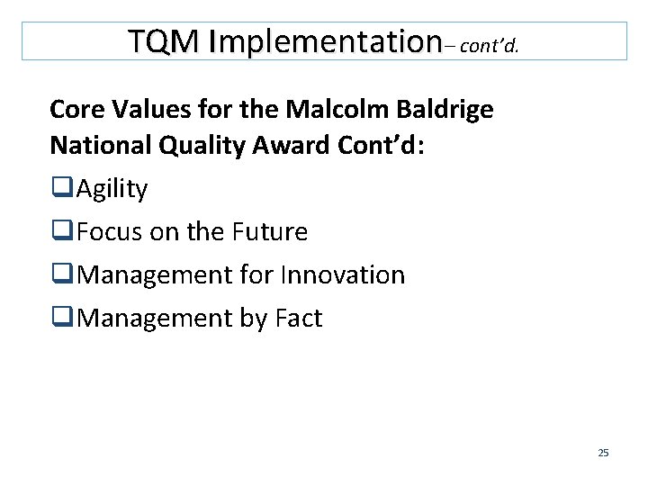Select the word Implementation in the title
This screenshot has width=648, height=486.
[315, 41]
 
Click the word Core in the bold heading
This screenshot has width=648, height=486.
[78, 110]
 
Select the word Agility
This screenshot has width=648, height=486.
[112, 190]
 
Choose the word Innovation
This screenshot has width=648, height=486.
[345, 275]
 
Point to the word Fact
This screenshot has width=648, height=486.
[292, 319]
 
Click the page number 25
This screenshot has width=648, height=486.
[603, 453]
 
